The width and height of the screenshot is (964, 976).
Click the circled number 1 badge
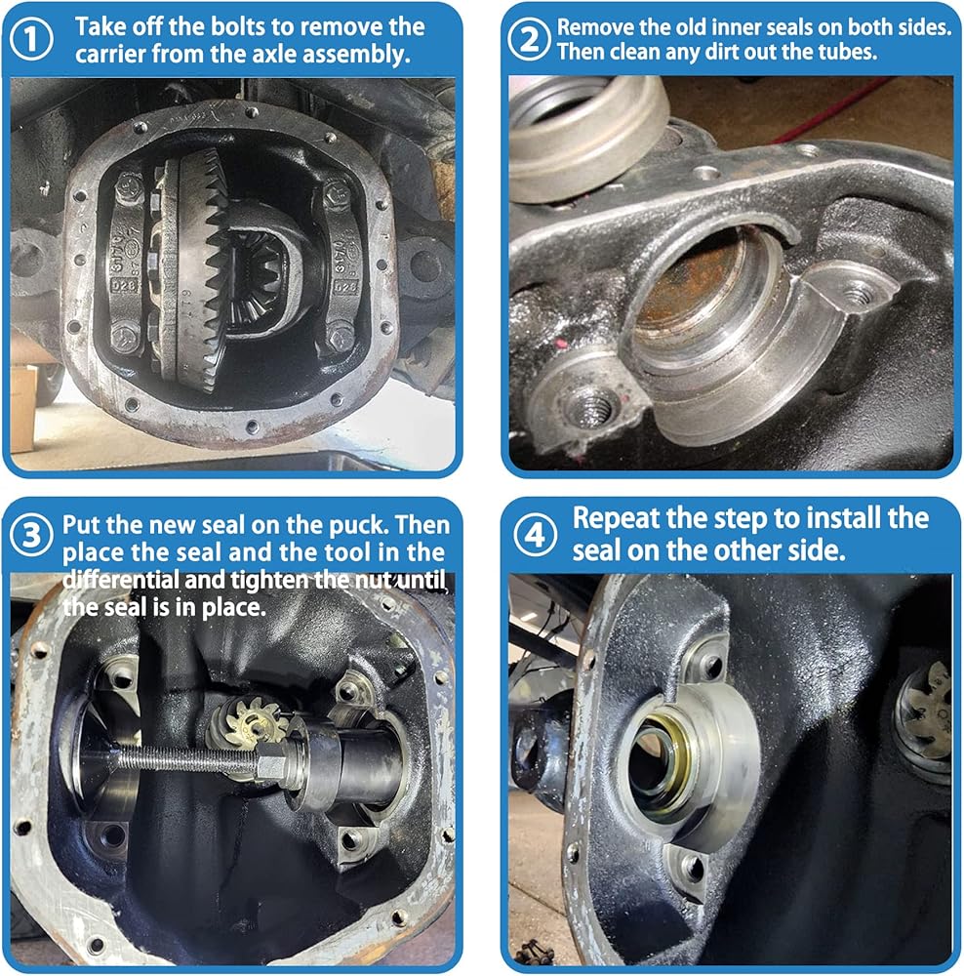coord(31,39)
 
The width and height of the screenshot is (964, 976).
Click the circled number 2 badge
coord(529,39)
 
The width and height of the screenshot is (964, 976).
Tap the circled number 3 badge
coord(31,535)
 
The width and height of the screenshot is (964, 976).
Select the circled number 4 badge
coord(536,535)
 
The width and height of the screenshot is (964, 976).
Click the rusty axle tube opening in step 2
coord(697,293)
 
